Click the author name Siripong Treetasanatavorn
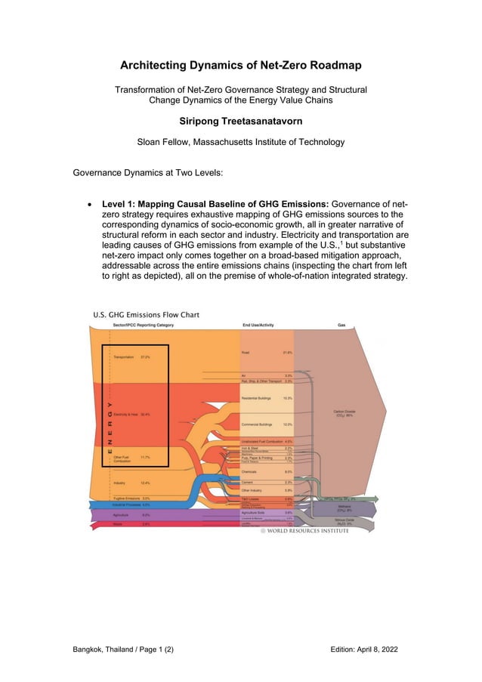tap(241, 119)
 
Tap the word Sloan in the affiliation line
tap(150, 141)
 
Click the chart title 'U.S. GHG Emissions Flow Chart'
tap(146, 314)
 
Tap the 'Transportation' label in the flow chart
tap(123, 356)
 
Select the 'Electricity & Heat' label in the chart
tap(125, 414)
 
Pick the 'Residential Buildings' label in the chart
tap(256, 397)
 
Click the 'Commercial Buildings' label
tap(256, 424)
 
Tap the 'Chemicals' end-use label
tap(249, 472)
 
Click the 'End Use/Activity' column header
tap(258, 325)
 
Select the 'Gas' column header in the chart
tap(341, 325)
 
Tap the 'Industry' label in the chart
tap(119, 483)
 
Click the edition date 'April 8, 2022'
tap(379, 650)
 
